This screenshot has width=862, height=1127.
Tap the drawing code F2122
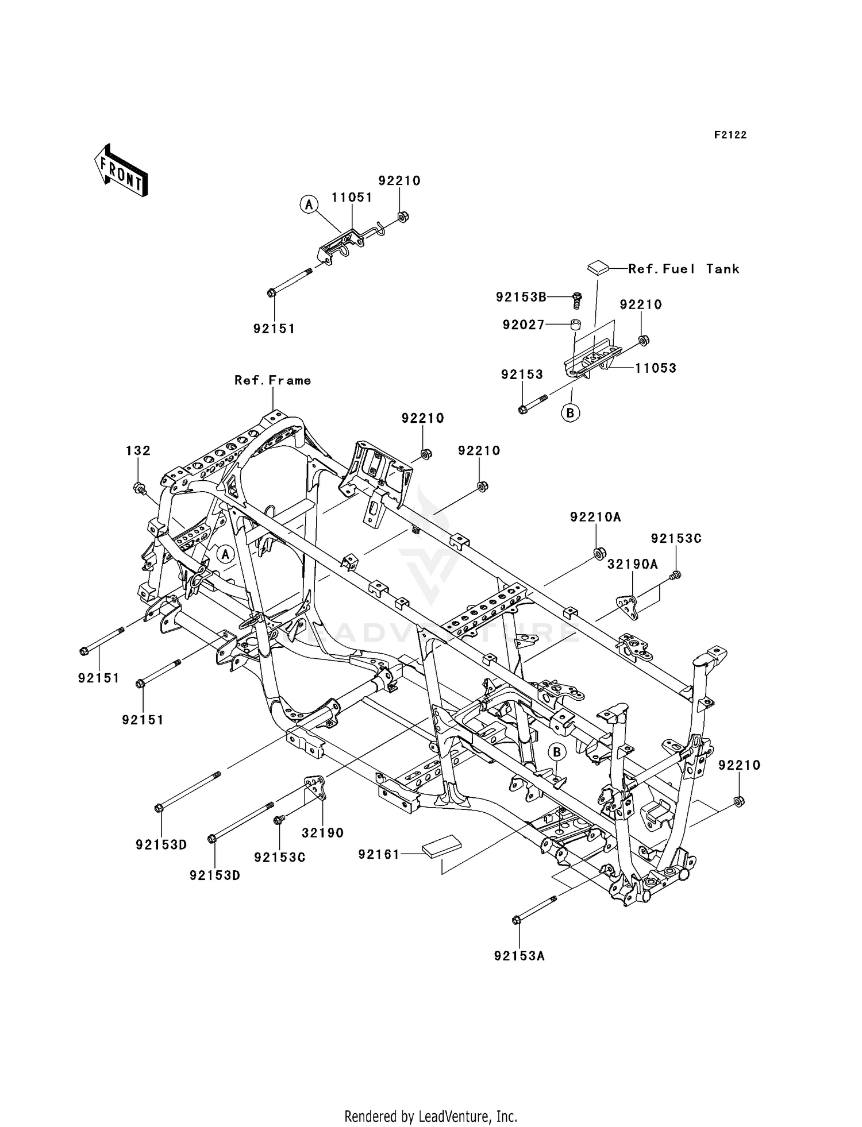tap(730, 135)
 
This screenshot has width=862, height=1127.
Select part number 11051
tap(352, 197)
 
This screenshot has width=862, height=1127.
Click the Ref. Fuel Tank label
tap(683, 269)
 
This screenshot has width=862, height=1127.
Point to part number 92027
tap(523, 325)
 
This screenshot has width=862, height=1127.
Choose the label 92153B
tap(521, 297)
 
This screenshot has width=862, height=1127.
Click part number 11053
tap(655, 368)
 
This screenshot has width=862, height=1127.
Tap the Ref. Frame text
tap(272, 380)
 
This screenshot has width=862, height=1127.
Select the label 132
tap(138, 451)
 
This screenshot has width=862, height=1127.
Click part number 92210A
tap(595, 517)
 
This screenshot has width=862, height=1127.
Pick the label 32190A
tap(632, 565)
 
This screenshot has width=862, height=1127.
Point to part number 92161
tap(378, 854)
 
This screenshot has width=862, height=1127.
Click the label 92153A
tap(519, 956)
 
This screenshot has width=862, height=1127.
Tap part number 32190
tap(322, 832)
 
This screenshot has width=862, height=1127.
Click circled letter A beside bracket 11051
tap(309, 204)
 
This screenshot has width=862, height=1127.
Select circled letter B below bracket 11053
tap(571, 412)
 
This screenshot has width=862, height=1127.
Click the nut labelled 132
tap(138, 489)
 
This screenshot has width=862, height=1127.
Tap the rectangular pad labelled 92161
tap(441, 849)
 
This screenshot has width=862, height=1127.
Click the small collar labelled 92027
tap(575, 325)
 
